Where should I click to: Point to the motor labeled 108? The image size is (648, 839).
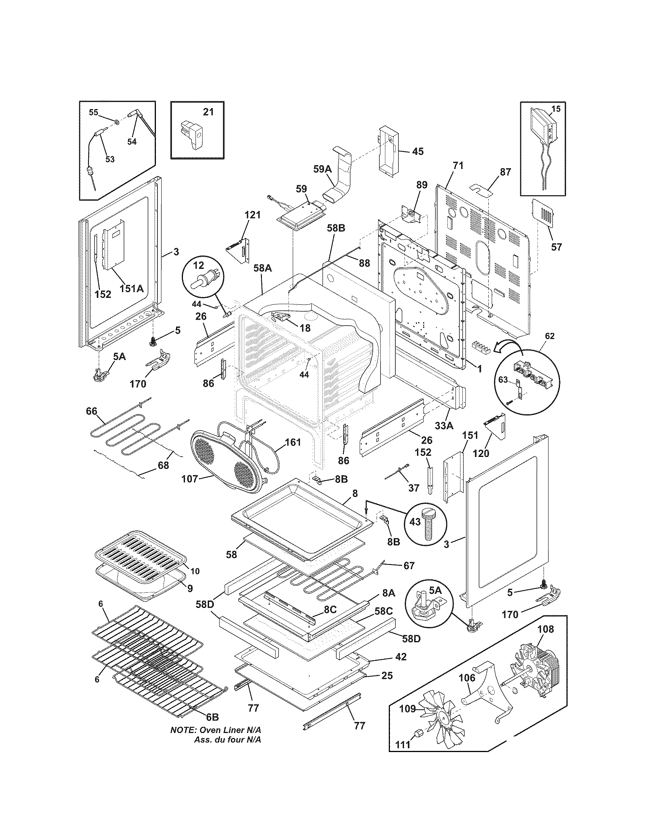click(x=532, y=669)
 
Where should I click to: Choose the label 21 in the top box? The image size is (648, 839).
click(x=208, y=112)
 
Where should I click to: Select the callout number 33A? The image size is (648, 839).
click(x=444, y=425)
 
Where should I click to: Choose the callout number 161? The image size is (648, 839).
click(x=292, y=442)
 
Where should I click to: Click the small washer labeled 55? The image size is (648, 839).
click(x=115, y=122)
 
